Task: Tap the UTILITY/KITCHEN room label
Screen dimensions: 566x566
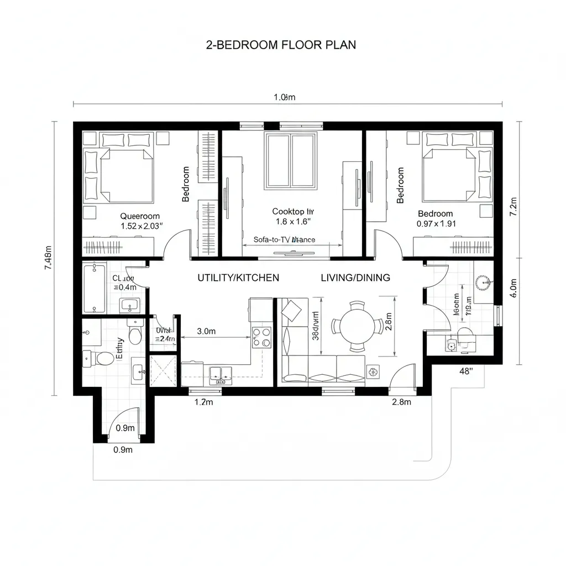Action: [x=238, y=277]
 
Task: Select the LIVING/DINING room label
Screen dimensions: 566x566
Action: [x=355, y=277]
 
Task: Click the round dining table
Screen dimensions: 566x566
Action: [x=358, y=326]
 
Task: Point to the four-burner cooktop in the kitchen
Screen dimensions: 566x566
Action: [x=261, y=337]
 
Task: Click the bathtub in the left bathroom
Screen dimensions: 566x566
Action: [x=95, y=288]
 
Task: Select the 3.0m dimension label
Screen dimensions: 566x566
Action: [x=206, y=332]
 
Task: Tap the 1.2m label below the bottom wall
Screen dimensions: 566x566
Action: [x=204, y=402]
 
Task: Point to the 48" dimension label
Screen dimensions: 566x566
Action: [x=467, y=371]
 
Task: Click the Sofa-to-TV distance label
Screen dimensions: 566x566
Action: [x=284, y=239]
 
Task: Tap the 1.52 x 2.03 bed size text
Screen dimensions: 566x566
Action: [x=141, y=226]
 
